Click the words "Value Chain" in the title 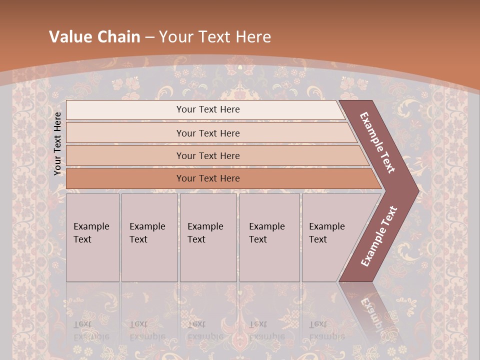coord(94,37)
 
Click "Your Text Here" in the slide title coord(215,37)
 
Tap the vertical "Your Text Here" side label coord(57,143)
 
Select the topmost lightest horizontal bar coord(125,109)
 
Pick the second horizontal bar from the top coord(125,133)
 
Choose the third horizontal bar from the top coord(125,155)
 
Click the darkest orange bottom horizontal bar coord(125,178)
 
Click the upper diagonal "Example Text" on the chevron coord(377,142)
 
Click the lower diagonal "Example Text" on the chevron coord(378,236)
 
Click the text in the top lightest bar coord(208,109)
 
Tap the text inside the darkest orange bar coord(208,178)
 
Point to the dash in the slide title coord(149,37)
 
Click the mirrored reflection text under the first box coord(91,330)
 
